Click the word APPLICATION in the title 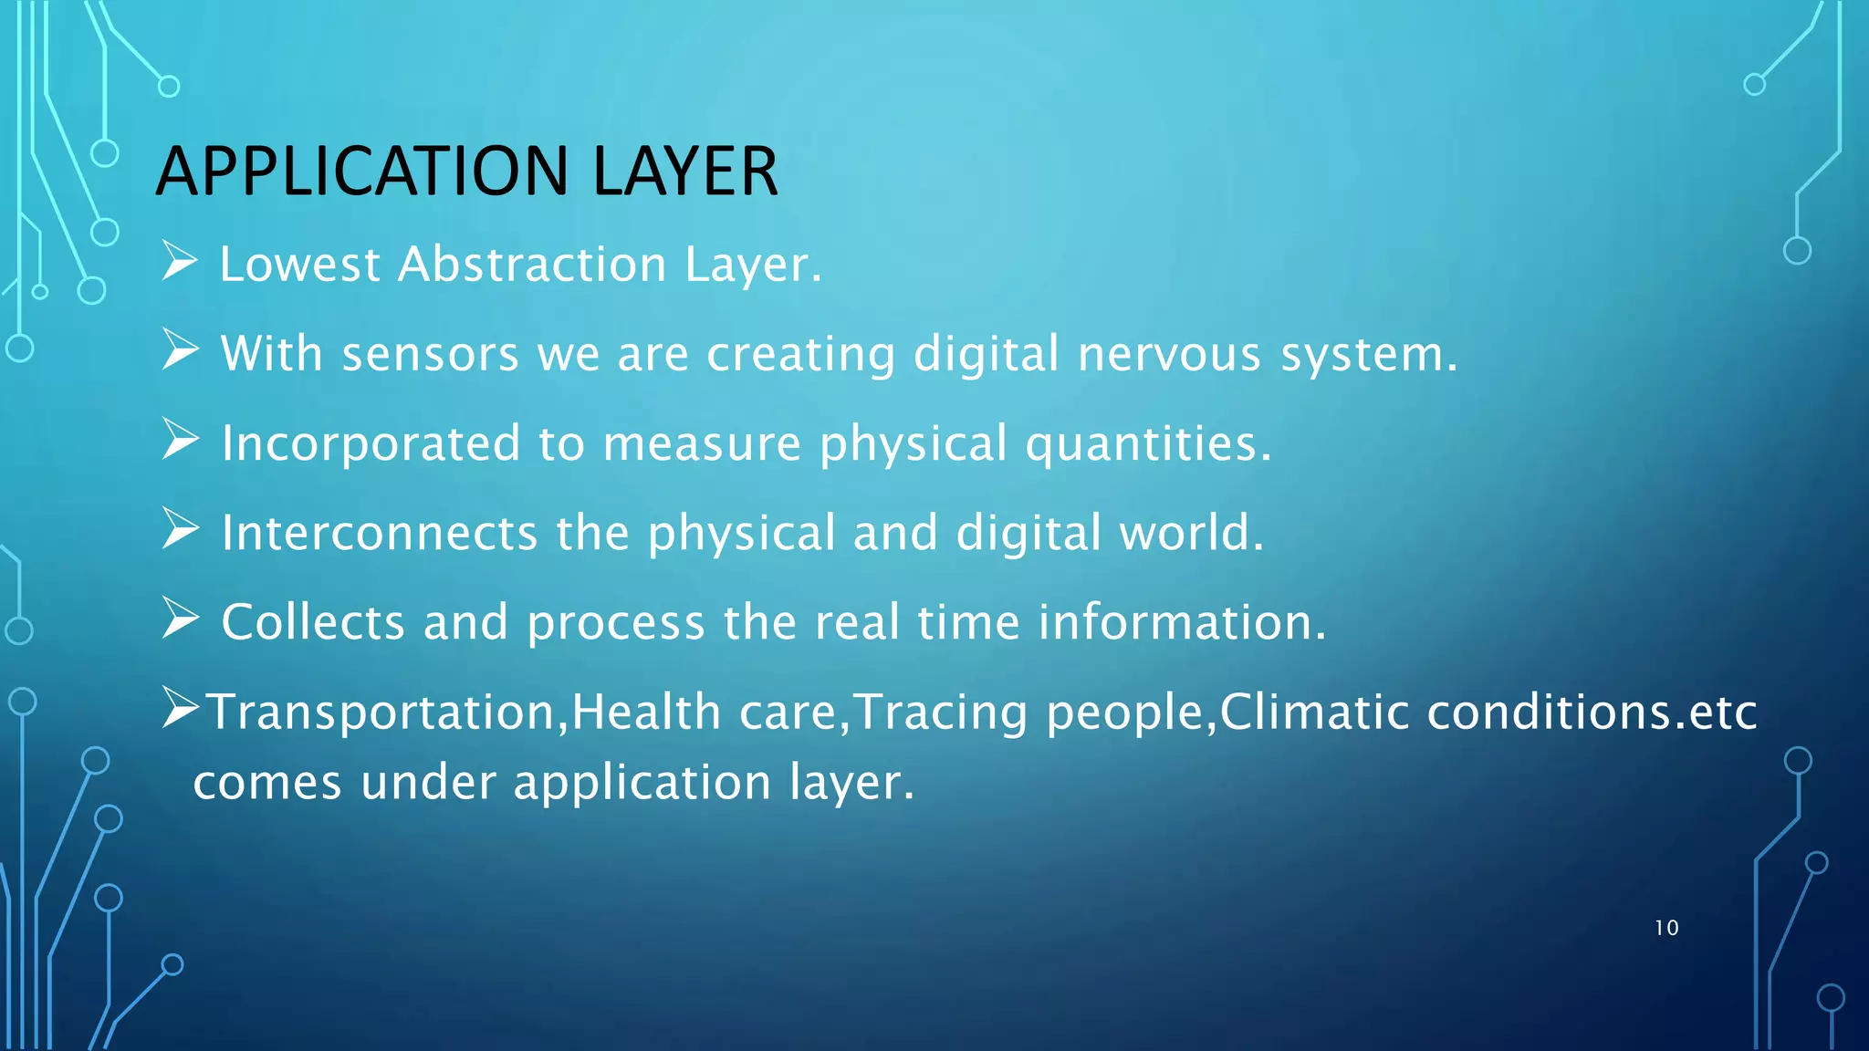pos(363,172)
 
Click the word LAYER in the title pos(685,172)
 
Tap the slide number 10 pos(1666,928)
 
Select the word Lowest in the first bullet pos(299,265)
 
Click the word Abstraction pos(532,265)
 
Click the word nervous pos(1169,354)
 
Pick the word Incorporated pos(371,444)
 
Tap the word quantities pos(1147,444)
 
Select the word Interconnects pos(379,533)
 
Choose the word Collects pos(313,623)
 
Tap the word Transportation pos(382,713)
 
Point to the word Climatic pos(1314,713)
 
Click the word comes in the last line pos(267,783)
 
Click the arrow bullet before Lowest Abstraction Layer pos(180,262)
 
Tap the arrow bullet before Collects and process pos(180,619)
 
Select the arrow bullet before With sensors pos(180,351)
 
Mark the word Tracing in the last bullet pos(941,713)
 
